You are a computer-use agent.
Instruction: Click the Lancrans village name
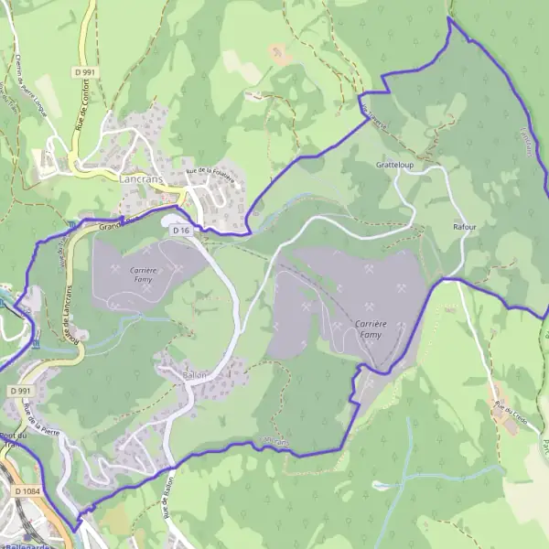(x=141, y=180)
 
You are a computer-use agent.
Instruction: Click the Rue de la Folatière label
(x=210, y=175)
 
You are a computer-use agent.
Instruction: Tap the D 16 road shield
(x=179, y=231)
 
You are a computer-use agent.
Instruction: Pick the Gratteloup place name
(x=394, y=167)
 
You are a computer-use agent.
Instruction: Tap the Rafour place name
(x=465, y=225)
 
